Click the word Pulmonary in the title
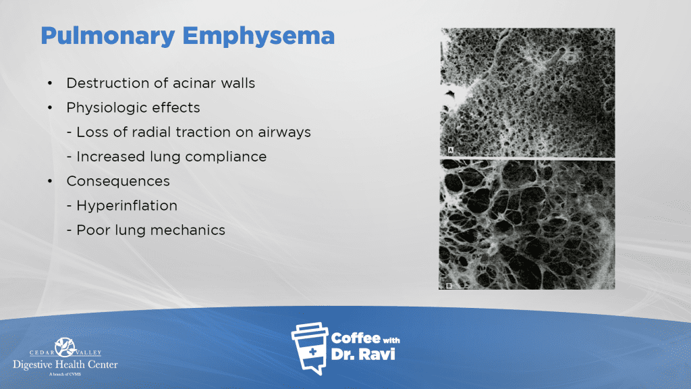108,36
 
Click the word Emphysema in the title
258,36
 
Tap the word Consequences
118,181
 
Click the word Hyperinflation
127,206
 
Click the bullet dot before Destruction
50,83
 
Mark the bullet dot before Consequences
50,181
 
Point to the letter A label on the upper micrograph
451,150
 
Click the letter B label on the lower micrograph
449,286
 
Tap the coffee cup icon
310,348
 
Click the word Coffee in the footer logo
356,338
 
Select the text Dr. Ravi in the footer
362,354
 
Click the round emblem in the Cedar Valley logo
65,347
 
